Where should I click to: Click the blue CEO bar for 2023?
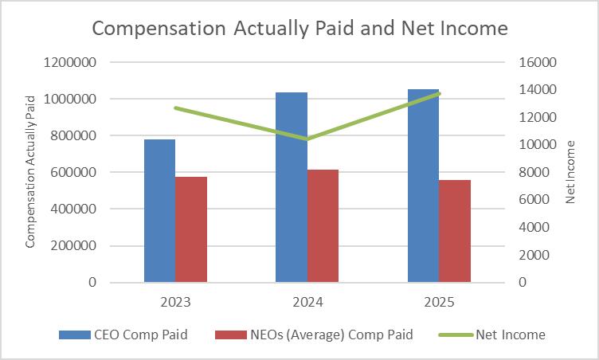pos(159,211)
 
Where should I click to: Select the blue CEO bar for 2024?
pos(291,187)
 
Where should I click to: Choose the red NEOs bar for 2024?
pos(323,226)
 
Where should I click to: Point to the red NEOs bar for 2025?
pos(455,231)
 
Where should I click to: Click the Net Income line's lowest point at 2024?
pos(307,139)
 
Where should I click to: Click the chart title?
pos(299,29)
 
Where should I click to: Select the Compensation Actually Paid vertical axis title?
pos(30,172)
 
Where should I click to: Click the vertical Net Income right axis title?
pos(571,172)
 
